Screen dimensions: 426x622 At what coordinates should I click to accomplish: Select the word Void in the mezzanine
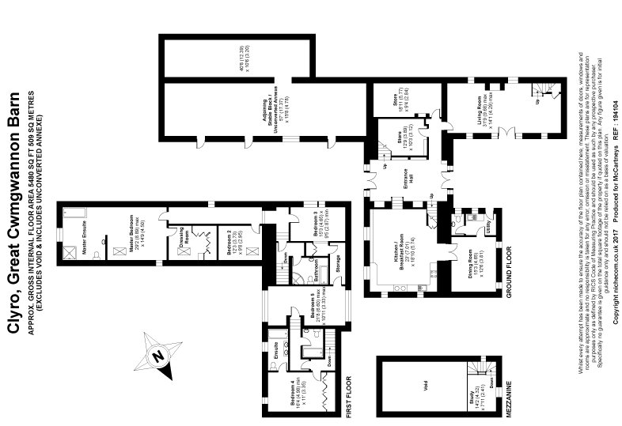(424, 386)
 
